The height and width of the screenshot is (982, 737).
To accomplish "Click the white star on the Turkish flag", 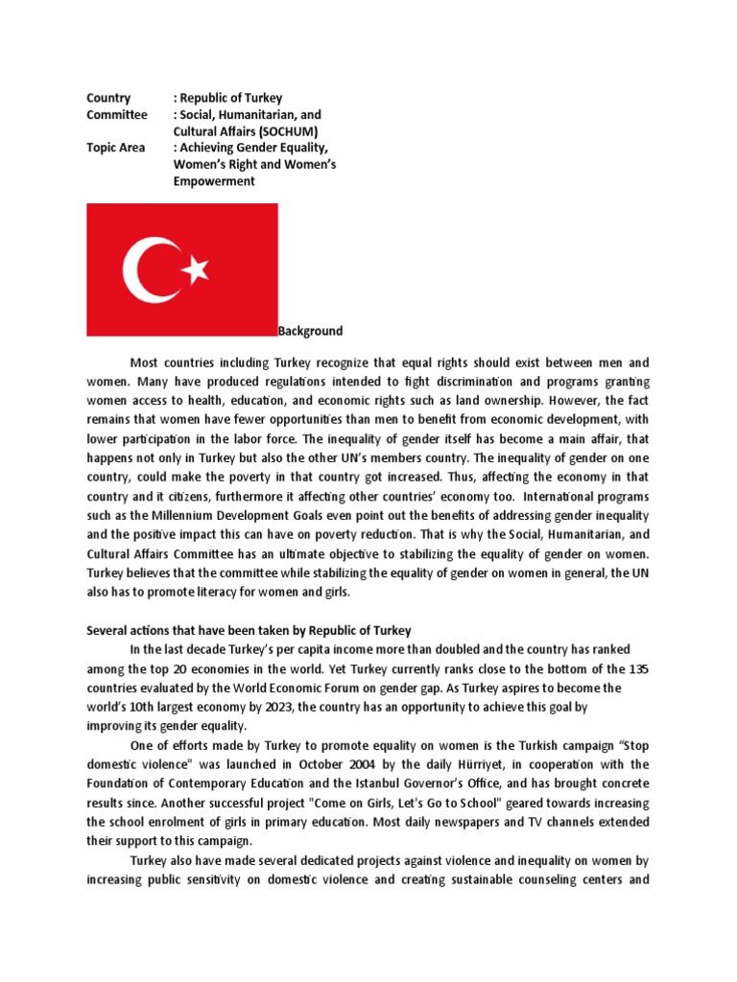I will coord(196,269).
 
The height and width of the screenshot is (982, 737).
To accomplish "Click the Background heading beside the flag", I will coord(310,331).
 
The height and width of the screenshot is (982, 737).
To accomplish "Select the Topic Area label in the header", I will coord(116,148).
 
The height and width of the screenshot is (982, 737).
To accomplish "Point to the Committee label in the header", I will coord(117,114).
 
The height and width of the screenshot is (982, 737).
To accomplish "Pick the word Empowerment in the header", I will coord(214,181).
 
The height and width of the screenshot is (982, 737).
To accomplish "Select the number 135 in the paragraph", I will coord(638,668).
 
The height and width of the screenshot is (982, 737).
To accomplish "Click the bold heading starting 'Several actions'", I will coord(249,630).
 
